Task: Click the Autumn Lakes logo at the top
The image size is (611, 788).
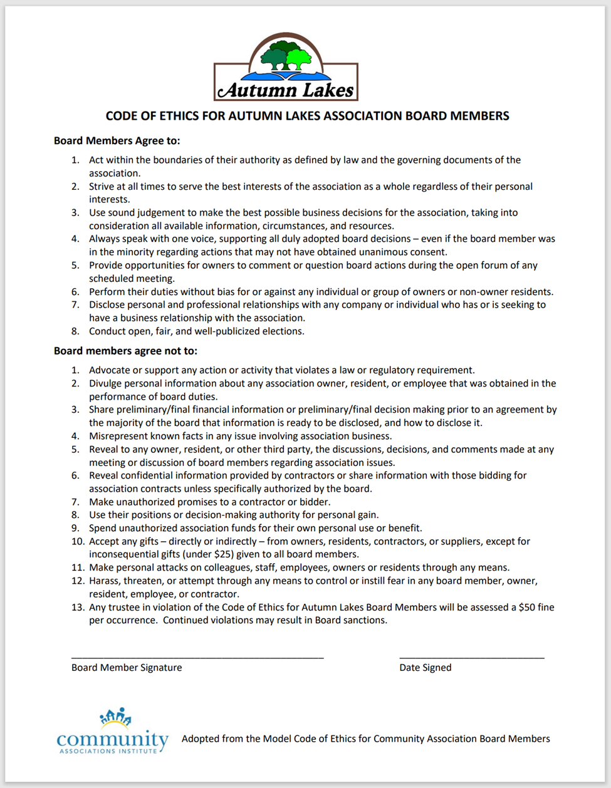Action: pyautogui.click(x=286, y=68)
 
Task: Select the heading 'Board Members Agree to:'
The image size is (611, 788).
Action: pyautogui.click(x=117, y=141)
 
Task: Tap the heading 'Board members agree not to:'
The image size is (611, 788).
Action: pyautogui.click(x=125, y=351)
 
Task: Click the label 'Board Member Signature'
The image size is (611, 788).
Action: pyautogui.click(x=127, y=668)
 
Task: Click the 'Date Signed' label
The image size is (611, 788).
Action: pyautogui.click(x=426, y=668)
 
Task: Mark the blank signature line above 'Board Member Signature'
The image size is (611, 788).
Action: pyautogui.click(x=197, y=657)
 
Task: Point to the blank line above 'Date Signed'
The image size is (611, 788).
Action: pyautogui.click(x=472, y=657)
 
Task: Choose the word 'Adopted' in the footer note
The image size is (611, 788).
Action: pyautogui.click(x=200, y=739)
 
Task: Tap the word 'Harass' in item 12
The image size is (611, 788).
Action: pyautogui.click(x=105, y=581)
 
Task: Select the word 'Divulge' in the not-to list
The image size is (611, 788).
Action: pyautogui.click(x=107, y=383)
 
